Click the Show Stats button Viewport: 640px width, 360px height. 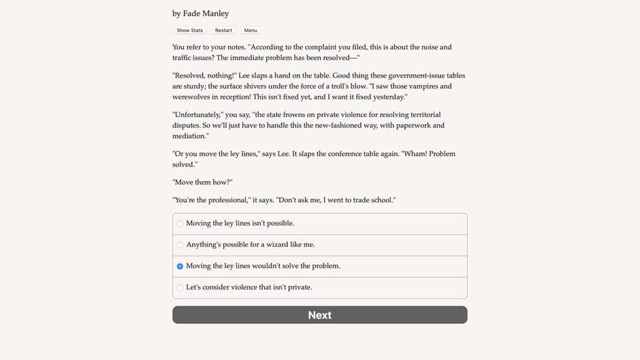[189, 31]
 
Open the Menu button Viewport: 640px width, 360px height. [251, 31]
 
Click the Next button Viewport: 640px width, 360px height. [319, 315]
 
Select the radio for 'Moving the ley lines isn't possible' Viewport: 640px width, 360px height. [180, 223]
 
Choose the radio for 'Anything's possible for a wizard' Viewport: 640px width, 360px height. [180, 245]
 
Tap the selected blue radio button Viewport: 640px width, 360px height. [180, 266]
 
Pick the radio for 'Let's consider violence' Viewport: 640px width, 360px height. [180, 288]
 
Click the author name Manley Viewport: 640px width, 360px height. [215, 14]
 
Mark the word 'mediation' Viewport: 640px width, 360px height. [189, 136]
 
